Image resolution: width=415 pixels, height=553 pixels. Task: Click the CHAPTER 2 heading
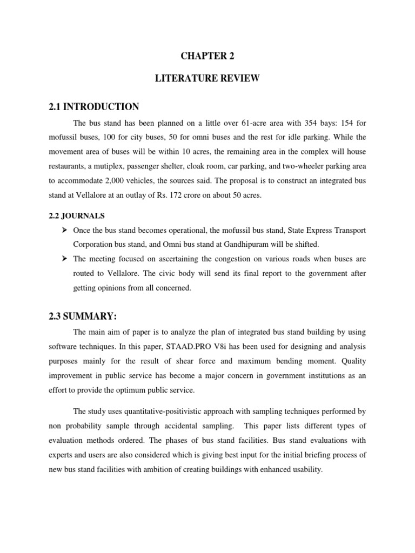tap(207, 56)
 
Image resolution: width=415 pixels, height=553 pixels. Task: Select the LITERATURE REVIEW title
tap(207, 79)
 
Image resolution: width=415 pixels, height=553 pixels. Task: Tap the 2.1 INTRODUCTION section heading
tap(93, 106)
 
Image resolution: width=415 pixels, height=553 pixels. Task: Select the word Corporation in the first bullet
tap(93, 245)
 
